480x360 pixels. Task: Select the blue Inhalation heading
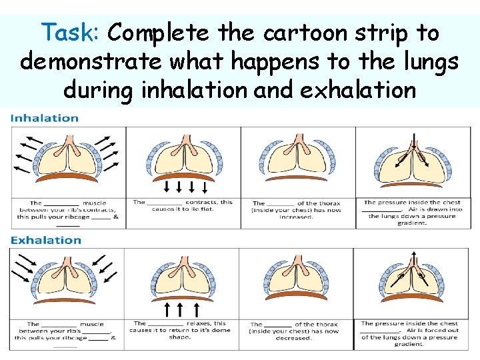click(45, 119)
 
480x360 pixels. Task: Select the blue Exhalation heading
click(46, 240)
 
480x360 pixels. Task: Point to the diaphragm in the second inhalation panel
click(183, 177)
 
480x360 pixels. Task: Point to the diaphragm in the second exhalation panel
click(183, 293)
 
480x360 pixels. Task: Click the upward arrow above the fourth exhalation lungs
click(414, 259)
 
